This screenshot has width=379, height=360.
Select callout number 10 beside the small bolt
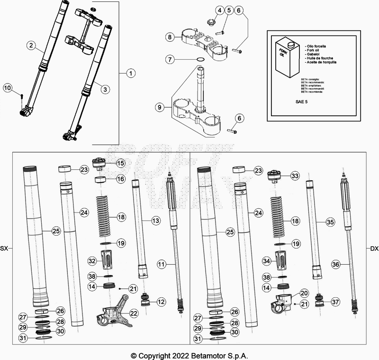pos(8,88)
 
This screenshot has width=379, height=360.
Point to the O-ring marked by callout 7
pos(201,60)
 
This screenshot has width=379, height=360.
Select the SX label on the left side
pos(4,249)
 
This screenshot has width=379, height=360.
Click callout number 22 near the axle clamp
pos(134,313)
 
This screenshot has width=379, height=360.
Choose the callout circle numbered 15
pos(120,163)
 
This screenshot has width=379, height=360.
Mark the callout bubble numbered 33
pos(295,176)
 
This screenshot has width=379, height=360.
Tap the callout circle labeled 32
pos(92,260)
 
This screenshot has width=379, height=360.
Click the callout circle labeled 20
pos(304,293)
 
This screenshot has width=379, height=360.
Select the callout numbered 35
pos(330,222)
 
